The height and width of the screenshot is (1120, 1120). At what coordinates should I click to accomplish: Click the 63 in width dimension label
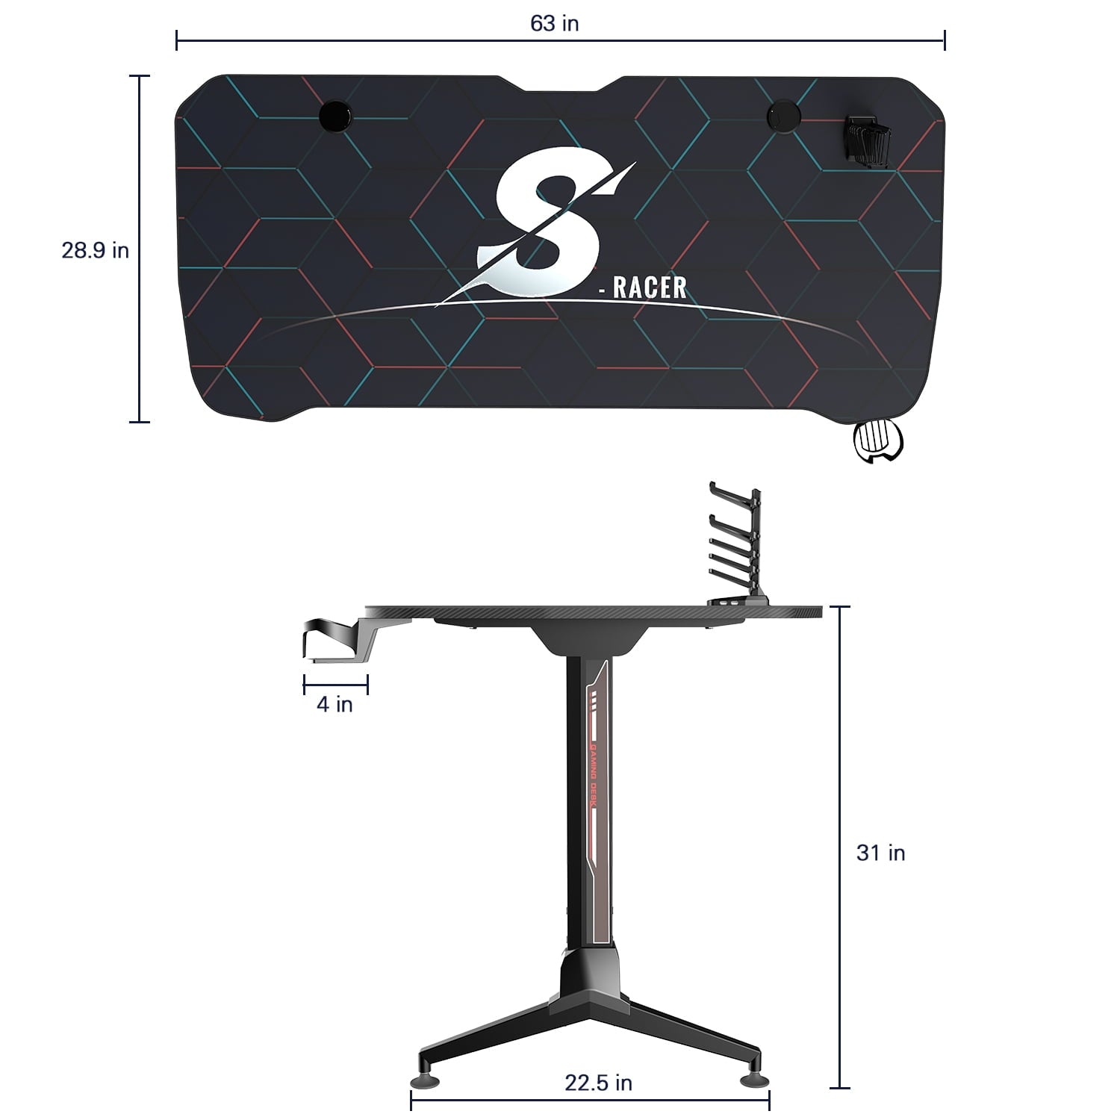[554, 23]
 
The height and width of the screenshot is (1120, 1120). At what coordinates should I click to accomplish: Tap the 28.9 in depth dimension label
[95, 250]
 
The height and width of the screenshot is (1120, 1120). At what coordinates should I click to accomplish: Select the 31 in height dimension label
[880, 853]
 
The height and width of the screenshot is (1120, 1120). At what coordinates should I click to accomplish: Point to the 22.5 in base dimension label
[597, 1083]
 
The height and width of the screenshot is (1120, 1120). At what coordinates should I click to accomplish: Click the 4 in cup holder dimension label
[334, 704]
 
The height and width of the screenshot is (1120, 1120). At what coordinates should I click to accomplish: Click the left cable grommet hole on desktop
[335, 116]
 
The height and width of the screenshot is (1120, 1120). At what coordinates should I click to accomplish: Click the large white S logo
[549, 224]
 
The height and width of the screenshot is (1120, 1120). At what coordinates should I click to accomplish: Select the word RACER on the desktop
[648, 287]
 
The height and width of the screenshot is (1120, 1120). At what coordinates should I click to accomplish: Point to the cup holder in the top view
[877, 442]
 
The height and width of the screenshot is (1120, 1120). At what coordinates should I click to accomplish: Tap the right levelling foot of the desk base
[750, 1079]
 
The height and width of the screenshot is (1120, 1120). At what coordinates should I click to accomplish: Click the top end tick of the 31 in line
[840, 607]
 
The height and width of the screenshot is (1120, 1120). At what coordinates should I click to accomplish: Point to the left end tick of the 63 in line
[177, 40]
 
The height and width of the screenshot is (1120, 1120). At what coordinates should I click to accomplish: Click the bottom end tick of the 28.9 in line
[140, 422]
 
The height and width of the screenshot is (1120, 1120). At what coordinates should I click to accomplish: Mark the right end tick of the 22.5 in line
[769, 1099]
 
